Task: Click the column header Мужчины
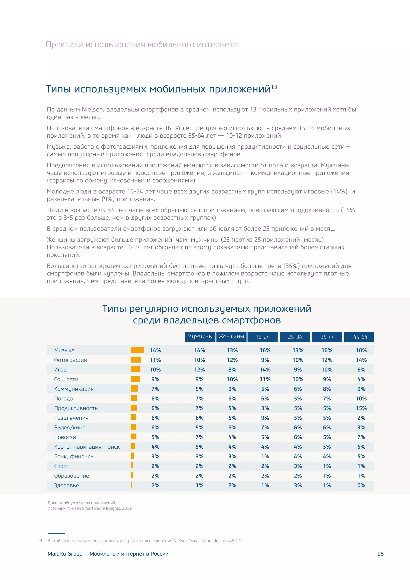click(200, 336)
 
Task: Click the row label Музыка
click(64, 350)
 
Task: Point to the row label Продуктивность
click(76, 408)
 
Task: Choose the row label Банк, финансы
click(74, 456)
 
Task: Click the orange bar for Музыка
click(137, 350)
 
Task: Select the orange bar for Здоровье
click(132, 485)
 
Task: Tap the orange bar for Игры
click(135, 369)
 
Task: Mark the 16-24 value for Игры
click(265, 370)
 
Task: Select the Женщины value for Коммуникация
click(232, 389)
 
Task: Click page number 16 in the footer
click(380, 554)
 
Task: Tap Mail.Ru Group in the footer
click(65, 554)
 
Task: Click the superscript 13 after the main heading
click(274, 87)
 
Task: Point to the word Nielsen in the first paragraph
click(92, 109)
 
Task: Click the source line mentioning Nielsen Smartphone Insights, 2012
click(90, 508)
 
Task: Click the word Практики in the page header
click(64, 44)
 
